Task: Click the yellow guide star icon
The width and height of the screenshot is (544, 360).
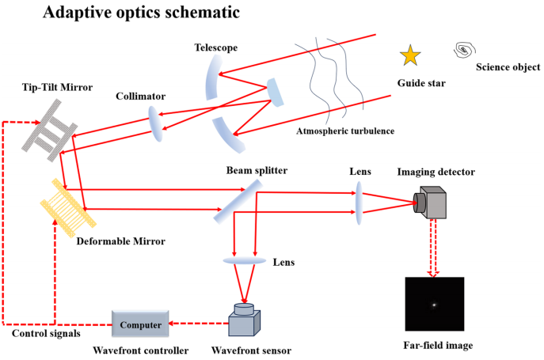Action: (410, 55)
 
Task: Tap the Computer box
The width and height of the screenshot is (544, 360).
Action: (140, 324)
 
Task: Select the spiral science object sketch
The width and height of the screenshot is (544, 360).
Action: (465, 51)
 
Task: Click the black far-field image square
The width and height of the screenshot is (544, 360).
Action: (435, 304)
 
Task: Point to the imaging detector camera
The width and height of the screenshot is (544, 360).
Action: (430, 203)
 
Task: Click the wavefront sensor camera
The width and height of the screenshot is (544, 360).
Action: (244, 320)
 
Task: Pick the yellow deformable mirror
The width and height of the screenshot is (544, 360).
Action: (68, 208)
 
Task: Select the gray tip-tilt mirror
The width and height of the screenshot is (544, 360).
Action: (50, 131)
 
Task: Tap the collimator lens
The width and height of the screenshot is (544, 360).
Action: (155, 123)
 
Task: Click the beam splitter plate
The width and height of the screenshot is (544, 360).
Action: (238, 202)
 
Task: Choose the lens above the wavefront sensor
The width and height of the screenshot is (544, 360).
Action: (244, 260)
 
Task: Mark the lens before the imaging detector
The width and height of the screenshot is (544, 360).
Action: (359, 203)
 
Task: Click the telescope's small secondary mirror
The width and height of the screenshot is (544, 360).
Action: (276, 93)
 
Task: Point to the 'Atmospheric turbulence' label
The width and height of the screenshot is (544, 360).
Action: (345, 131)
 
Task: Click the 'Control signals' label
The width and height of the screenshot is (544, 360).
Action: (46, 334)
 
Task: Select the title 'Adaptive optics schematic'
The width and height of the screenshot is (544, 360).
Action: (141, 12)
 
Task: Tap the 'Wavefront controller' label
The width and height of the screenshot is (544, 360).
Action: (140, 351)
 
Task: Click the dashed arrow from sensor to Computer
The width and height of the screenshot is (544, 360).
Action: (199, 324)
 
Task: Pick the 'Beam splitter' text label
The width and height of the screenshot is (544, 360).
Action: (257, 171)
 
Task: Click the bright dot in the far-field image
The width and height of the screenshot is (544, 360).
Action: (434, 305)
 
